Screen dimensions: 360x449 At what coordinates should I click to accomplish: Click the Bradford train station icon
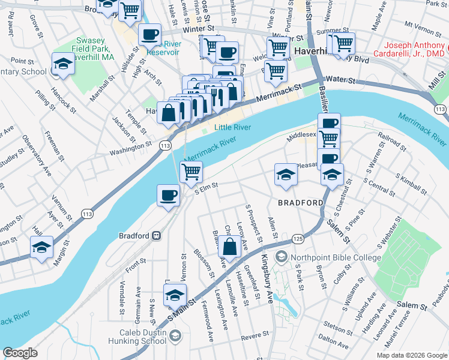157,235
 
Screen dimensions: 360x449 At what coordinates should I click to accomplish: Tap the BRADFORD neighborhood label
300,203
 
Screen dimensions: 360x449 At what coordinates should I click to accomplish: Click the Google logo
20,353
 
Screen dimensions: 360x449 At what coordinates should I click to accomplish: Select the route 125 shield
297,239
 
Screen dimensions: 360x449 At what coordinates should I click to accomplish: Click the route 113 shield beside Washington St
163,145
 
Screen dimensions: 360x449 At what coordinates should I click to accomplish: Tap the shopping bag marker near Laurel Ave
230,246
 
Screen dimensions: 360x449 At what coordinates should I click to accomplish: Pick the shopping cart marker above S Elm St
191,172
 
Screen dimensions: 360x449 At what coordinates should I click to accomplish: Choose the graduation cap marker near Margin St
41,247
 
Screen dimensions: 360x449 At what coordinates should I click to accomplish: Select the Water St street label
345,79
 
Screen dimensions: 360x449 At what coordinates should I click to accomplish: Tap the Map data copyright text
411,355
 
